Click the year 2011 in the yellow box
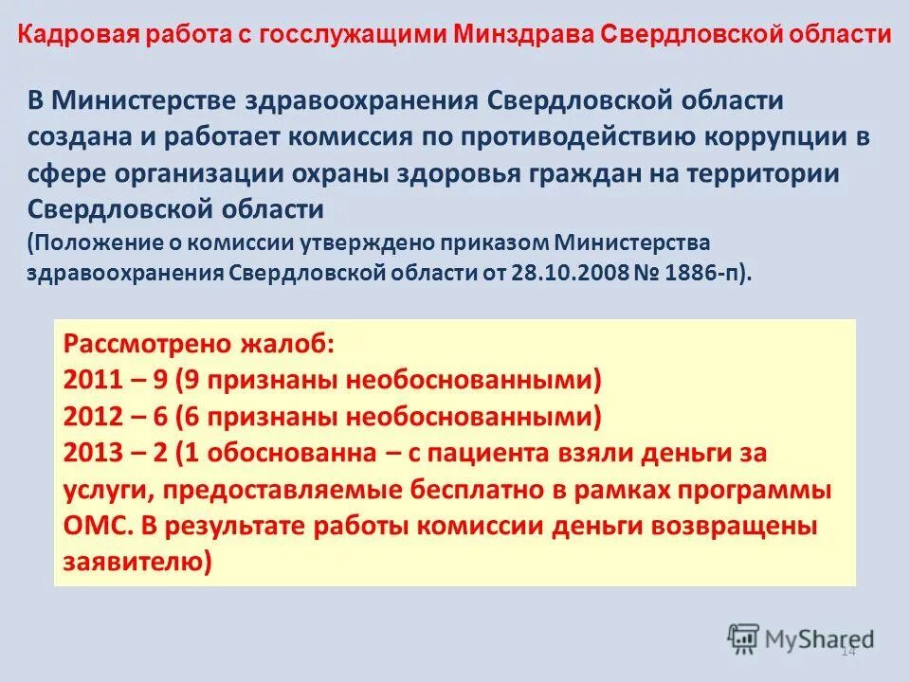tap(94, 380)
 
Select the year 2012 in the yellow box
tap(94, 417)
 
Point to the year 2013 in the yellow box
tap(94, 453)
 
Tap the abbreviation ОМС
tap(92, 526)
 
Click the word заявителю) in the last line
tap(138, 562)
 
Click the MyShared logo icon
tap(744, 637)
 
